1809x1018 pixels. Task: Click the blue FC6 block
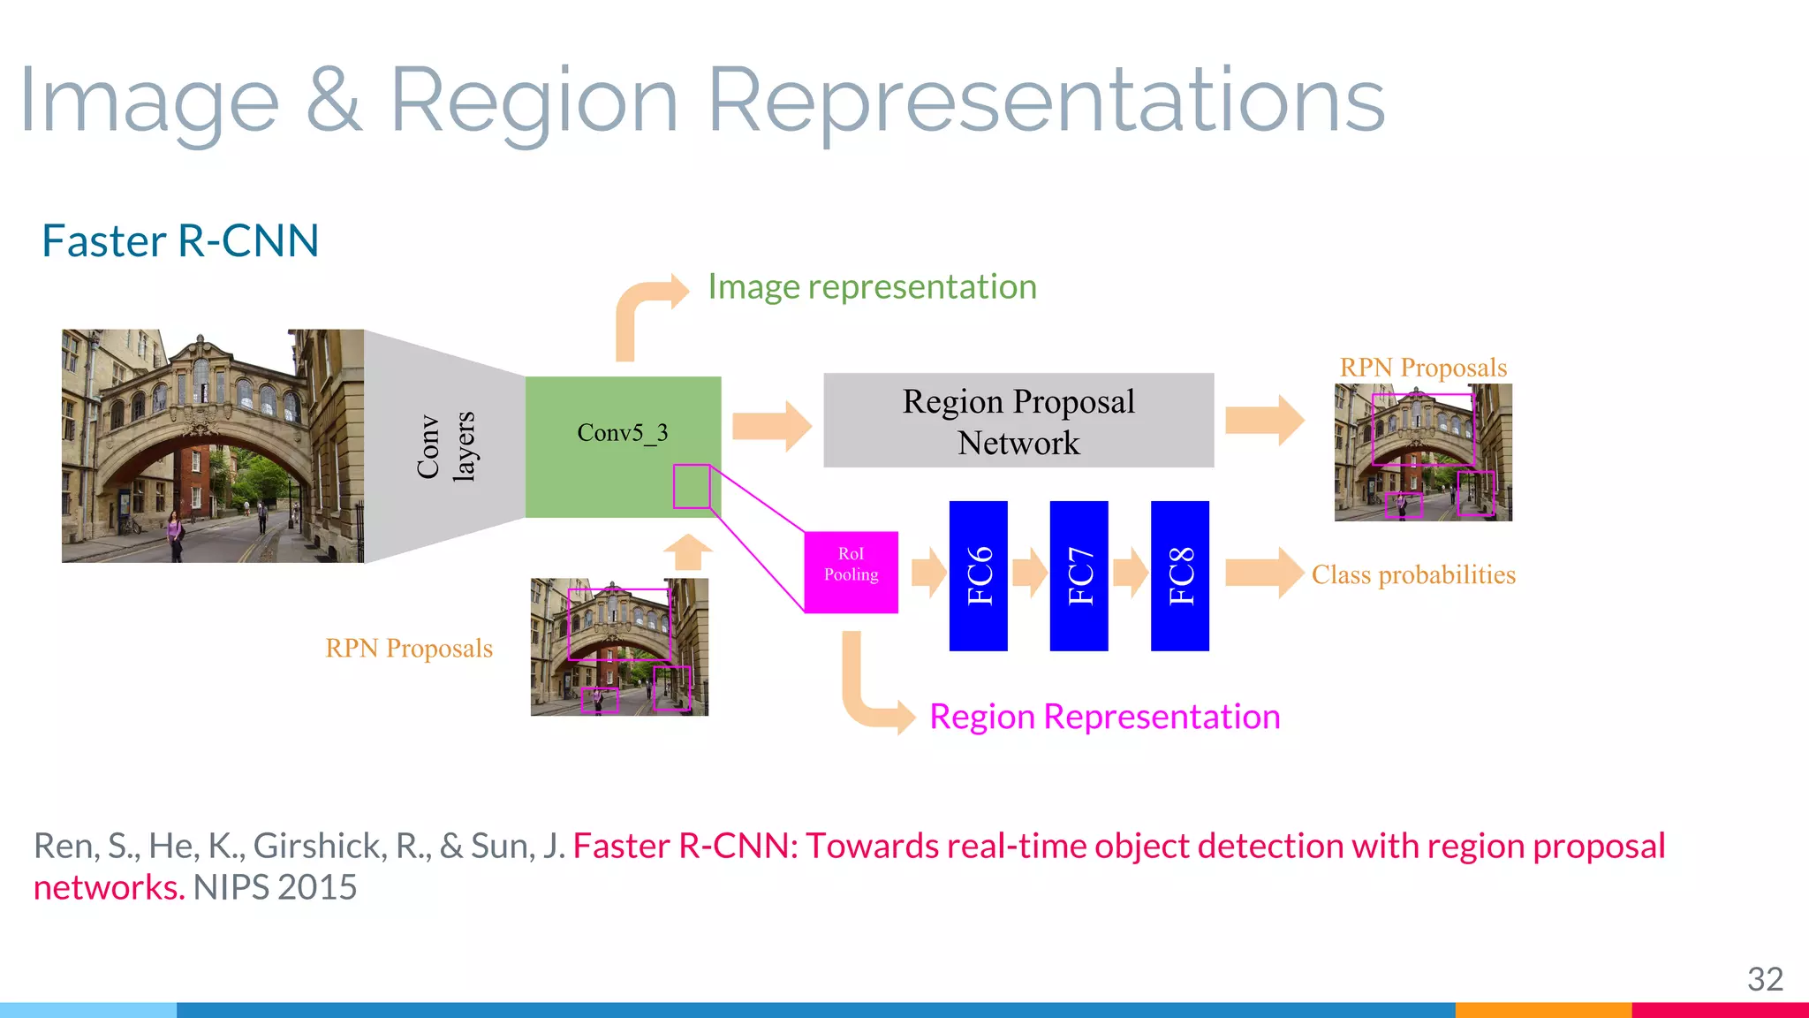[x=978, y=576]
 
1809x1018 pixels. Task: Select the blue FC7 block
[x=1079, y=576]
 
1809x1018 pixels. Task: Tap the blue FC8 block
[x=1179, y=576]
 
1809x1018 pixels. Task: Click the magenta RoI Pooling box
[x=851, y=573]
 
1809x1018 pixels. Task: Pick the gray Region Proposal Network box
[x=1018, y=421]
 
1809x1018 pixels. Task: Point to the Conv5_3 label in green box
[x=622, y=433]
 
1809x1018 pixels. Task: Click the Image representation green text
[x=872, y=287]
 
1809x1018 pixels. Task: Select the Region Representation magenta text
[x=1104, y=717]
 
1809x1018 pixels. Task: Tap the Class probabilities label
[x=1413, y=575]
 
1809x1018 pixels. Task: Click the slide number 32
[x=1765, y=979]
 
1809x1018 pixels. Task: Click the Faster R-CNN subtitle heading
[x=180, y=241]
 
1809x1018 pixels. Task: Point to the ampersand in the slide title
[x=334, y=103]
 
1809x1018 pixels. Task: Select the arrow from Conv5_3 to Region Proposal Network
[x=771, y=426]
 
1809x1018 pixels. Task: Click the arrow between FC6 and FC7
[x=1029, y=573]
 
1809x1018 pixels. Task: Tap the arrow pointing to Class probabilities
[x=1264, y=573]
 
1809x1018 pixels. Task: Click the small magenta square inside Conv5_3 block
[x=692, y=486]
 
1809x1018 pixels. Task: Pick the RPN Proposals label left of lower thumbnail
[x=409, y=649]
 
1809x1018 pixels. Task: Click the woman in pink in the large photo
[x=175, y=536]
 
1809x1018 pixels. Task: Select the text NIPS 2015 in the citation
[x=275, y=887]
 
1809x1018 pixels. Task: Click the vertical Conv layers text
[x=446, y=447]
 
